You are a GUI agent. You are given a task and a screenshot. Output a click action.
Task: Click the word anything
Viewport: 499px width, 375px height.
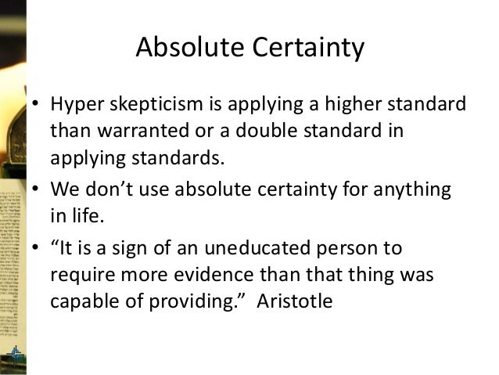tap(418, 190)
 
